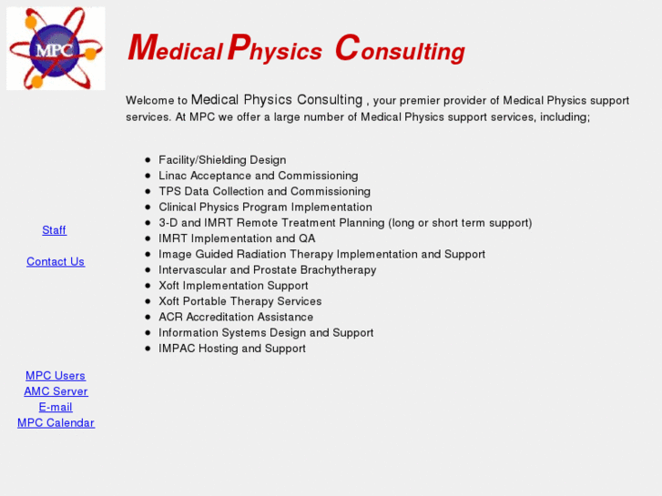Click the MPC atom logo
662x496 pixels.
tap(56, 49)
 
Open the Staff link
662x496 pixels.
tap(55, 230)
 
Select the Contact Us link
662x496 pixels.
tap(56, 261)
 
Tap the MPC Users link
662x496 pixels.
tap(56, 376)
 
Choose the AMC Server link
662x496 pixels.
tap(56, 391)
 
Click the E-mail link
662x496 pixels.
tap(56, 407)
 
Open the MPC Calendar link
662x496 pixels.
tap(56, 422)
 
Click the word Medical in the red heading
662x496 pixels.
tap(176, 50)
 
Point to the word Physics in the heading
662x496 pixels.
tap(274, 50)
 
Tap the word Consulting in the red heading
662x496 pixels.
tap(400, 50)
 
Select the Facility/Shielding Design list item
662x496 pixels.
tap(222, 160)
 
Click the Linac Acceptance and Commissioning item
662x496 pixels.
tap(258, 176)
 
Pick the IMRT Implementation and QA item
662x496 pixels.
tap(237, 238)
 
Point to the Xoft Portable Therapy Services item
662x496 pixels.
tap(239, 301)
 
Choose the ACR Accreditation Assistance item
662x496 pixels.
tap(236, 317)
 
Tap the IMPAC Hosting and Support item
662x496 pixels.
tap(232, 349)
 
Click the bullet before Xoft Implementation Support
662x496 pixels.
tap(148, 286)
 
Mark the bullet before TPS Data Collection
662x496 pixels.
tap(148, 191)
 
